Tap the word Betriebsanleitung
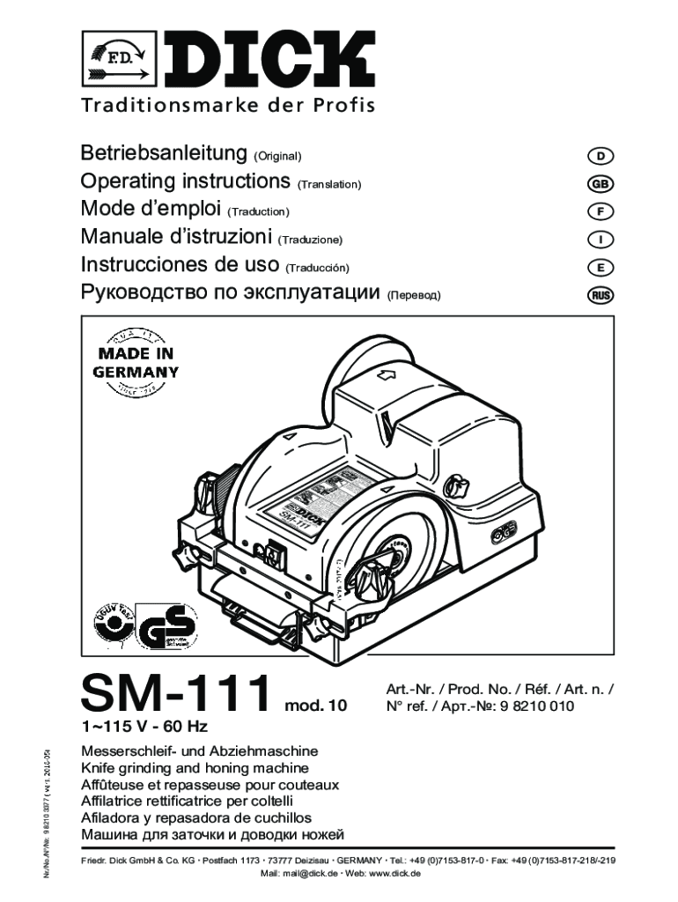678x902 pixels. coord(163,154)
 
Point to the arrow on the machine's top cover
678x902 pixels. coord(385,377)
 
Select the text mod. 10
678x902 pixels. coord(316,706)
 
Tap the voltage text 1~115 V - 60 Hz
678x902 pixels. coord(145,728)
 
